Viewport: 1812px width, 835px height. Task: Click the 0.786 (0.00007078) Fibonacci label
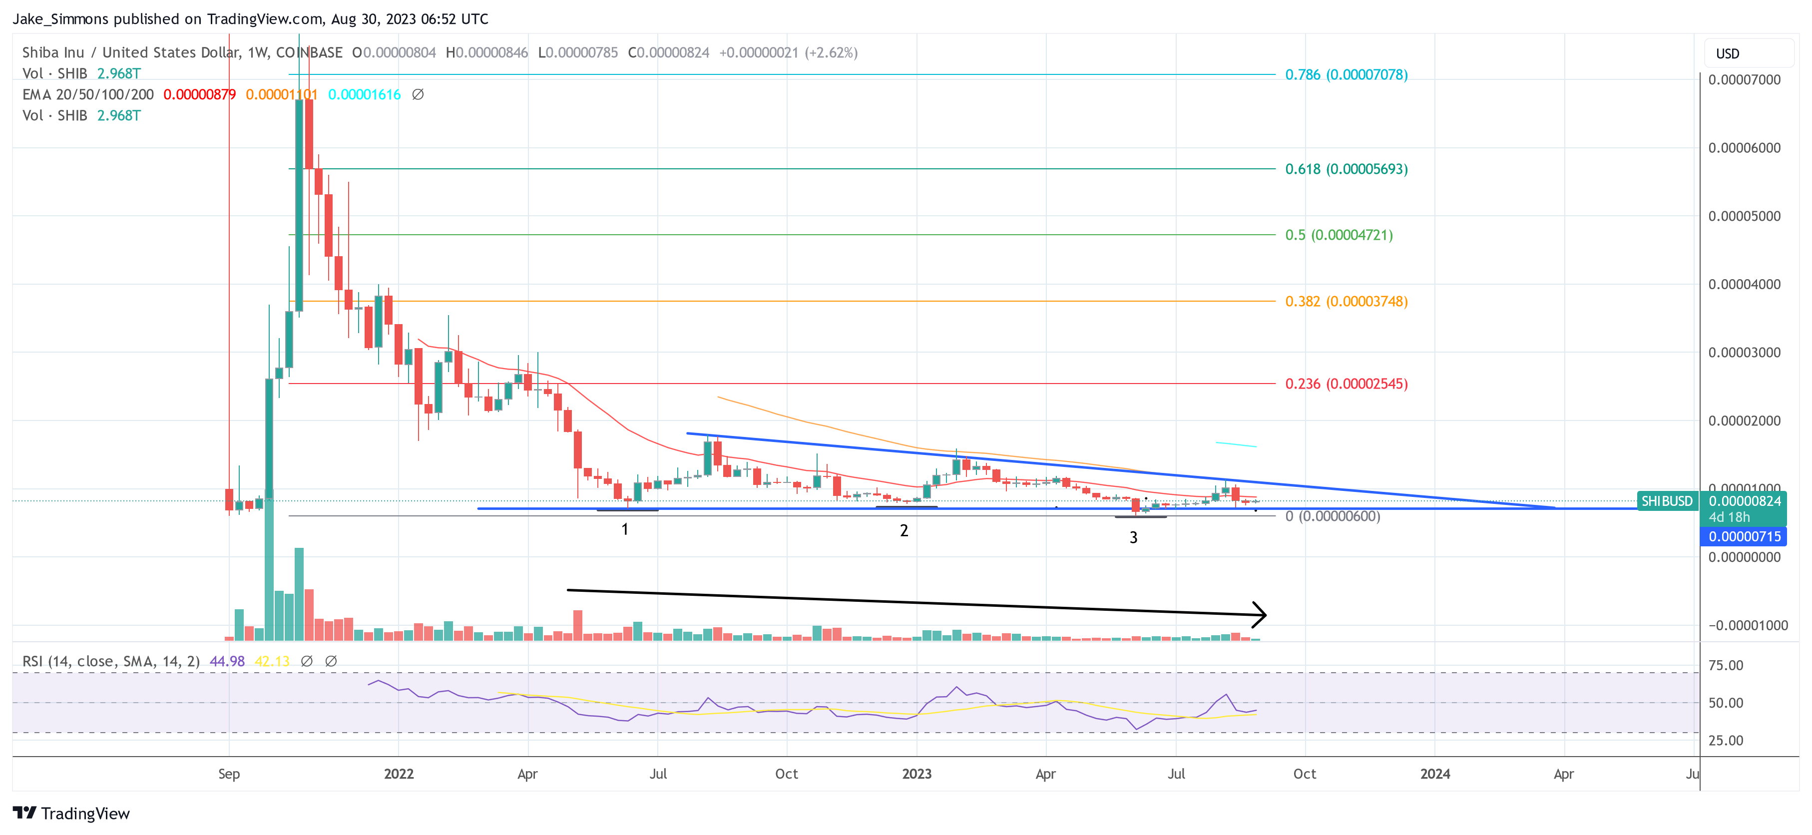[1346, 74]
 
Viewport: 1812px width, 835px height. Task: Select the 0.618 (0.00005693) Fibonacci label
[1346, 169]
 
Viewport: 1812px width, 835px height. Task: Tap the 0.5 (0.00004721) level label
[1339, 235]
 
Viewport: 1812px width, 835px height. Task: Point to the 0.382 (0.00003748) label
[1346, 301]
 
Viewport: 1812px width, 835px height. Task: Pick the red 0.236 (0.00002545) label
[1346, 384]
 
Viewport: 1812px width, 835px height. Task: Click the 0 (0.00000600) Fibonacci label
[1332, 516]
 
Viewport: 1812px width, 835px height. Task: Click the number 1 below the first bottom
[625, 529]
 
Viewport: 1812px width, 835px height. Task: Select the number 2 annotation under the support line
[904, 531]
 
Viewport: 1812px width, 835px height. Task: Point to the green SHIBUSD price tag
[1666, 501]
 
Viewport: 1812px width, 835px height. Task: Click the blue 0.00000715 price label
[1745, 537]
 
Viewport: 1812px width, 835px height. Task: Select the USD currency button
[1728, 54]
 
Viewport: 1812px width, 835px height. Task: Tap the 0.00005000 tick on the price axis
[1744, 216]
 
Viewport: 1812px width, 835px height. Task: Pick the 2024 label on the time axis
[1434, 774]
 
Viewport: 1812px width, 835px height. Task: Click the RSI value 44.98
[227, 661]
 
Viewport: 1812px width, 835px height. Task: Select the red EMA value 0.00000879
[199, 94]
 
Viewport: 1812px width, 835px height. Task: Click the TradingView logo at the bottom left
[71, 813]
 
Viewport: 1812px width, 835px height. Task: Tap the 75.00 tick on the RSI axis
[1726, 666]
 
